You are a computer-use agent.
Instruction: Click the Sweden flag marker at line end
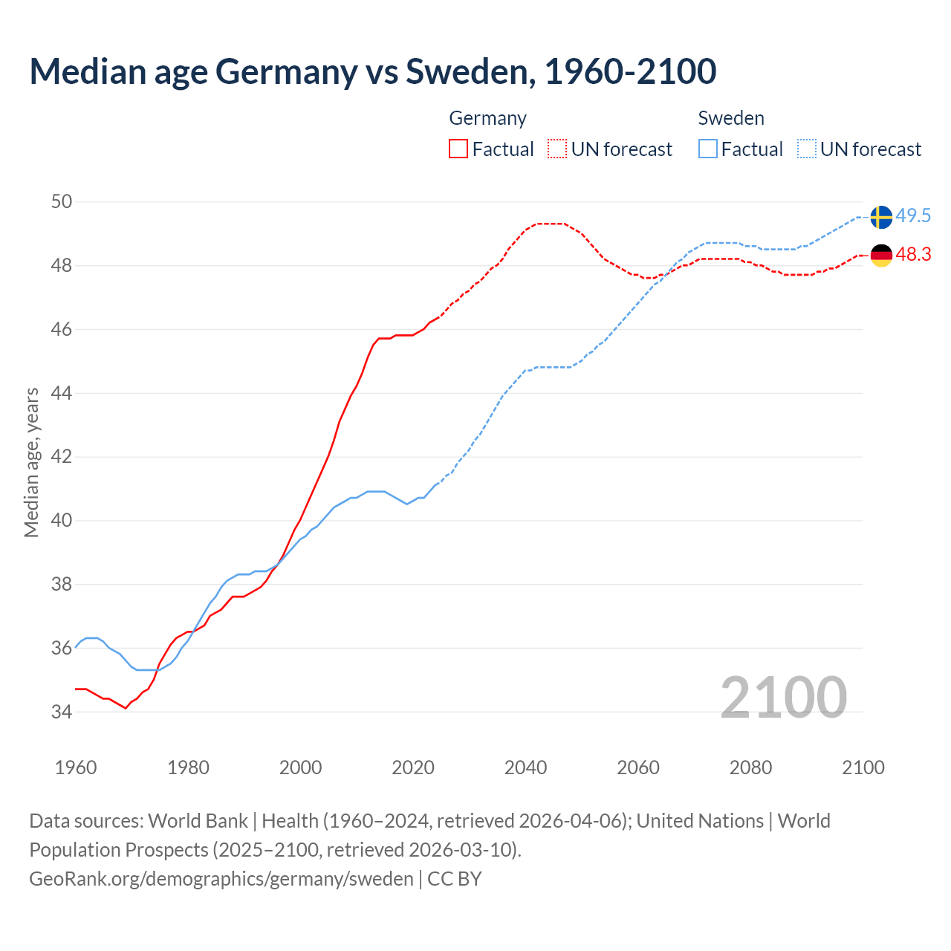click(x=881, y=217)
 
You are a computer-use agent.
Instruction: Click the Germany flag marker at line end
click(x=881, y=255)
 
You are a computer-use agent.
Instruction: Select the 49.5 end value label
click(x=913, y=215)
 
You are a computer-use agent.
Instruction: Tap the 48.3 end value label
click(x=913, y=254)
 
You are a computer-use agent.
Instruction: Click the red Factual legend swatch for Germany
click(x=458, y=149)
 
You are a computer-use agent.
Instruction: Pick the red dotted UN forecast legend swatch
click(x=557, y=149)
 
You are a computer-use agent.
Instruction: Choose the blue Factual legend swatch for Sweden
click(x=708, y=149)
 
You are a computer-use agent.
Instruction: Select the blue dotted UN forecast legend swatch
click(x=807, y=149)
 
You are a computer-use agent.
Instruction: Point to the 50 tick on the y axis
click(x=62, y=201)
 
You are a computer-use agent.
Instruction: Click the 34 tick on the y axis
click(x=62, y=712)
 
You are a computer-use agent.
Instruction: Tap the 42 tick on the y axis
click(x=62, y=456)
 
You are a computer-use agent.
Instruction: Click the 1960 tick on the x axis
click(x=76, y=767)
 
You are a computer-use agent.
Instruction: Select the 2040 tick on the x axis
click(x=525, y=767)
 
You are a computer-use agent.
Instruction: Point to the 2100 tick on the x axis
click(x=863, y=767)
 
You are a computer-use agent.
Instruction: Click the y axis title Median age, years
click(x=31, y=462)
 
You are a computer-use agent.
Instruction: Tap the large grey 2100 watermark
click(x=783, y=698)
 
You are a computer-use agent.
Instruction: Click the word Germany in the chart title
click(x=286, y=71)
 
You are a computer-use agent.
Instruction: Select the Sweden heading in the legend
click(x=731, y=118)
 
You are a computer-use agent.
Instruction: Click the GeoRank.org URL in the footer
click(x=221, y=879)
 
